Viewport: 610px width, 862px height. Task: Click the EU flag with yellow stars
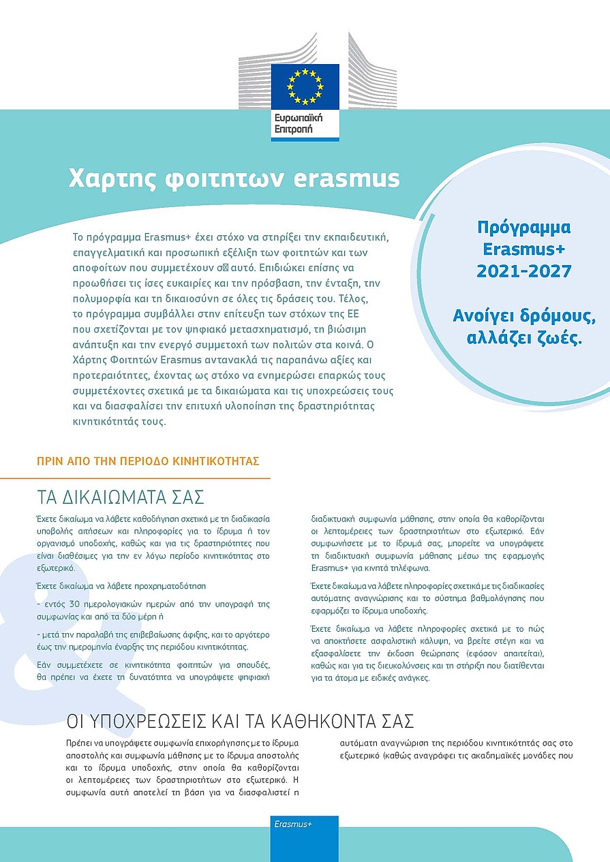pos(305,86)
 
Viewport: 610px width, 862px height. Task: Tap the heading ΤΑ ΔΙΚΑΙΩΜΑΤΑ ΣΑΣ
pos(120,495)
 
